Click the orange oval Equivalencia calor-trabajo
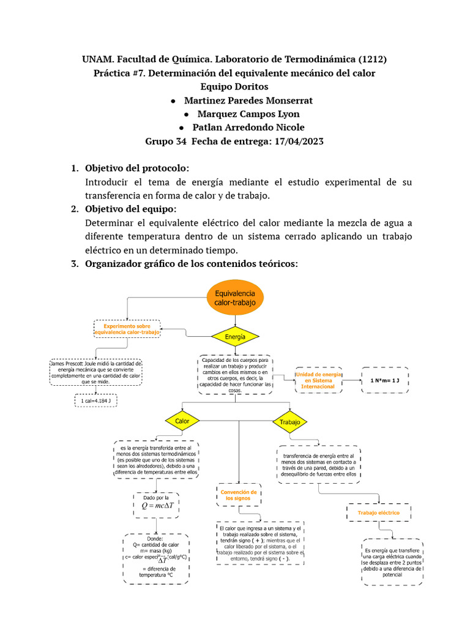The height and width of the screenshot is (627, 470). [x=235, y=298]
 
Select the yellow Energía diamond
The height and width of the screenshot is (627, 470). [x=235, y=337]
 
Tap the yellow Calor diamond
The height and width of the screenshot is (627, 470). [x=182, y=421]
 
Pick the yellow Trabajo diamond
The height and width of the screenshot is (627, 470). [x=289, y=422]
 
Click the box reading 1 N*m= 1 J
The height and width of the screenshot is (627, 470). [x=384, y=380]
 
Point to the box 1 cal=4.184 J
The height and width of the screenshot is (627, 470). [x=99, y=401]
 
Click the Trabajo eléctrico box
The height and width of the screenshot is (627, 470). [x=379, y=512]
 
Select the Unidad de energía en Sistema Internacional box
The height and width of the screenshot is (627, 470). [x=317, y=380]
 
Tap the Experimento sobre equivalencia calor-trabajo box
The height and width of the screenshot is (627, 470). [x=127, y=329]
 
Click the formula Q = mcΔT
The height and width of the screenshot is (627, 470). [x=158, y=506]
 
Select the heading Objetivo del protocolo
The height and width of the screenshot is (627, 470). [x=136, y=168]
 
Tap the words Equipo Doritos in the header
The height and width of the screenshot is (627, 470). [x=235, y=87]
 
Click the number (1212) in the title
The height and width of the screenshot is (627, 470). [x=367, y=59]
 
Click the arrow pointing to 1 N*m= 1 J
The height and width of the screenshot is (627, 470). [x=351, y=380]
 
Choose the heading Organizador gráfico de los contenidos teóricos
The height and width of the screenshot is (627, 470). [x=191, y=264]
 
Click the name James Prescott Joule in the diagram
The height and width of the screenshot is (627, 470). [x=76, y=364]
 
